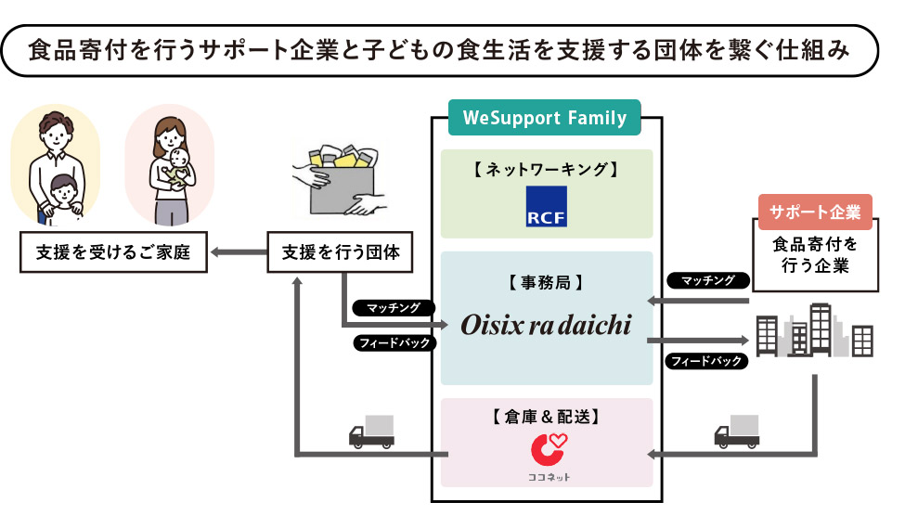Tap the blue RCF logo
[x=546, y=207]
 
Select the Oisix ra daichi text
[x=546, y=325]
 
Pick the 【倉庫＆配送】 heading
[x=546, y=417]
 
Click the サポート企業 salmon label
[x=815, y=212]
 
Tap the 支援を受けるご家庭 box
[x=111, y=251]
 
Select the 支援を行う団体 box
[x=341, y=251]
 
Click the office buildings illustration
[x=814, y=331]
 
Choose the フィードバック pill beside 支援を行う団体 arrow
[x=394, y=342]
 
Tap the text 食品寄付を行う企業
[x=815, y=256]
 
